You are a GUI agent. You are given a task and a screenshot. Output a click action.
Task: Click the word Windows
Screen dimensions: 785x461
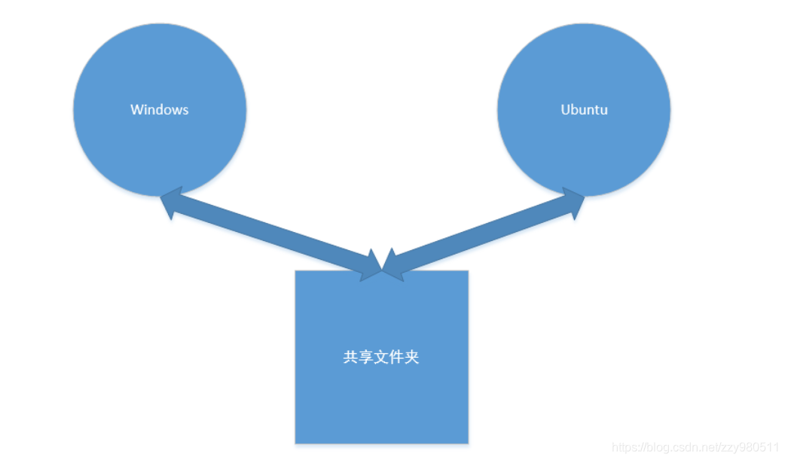click(159, 110)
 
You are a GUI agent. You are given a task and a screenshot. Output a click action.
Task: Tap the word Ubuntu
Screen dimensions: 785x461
click(584, 110)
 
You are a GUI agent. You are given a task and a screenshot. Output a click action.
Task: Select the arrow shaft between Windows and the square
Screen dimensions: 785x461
click(271, 233)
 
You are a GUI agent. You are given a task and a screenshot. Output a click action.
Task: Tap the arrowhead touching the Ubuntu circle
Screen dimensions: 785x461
click(573, 202)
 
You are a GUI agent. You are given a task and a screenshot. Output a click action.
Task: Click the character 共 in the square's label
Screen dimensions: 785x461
click(350, 357)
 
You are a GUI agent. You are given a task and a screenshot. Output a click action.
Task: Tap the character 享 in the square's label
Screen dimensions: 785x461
click(365, 357)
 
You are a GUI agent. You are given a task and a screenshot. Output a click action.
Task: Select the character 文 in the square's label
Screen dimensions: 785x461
click(381, 357)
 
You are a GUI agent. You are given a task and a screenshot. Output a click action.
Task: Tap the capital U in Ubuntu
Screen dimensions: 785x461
click(566, 110)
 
